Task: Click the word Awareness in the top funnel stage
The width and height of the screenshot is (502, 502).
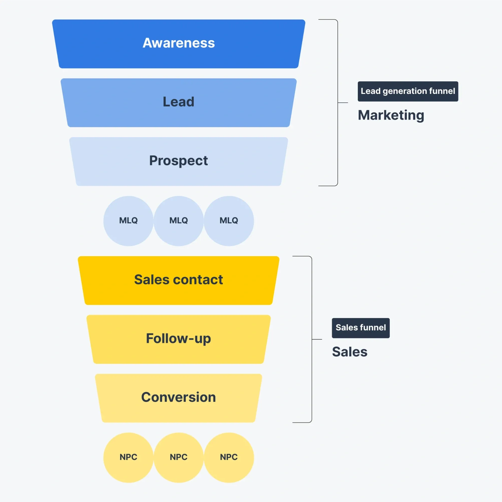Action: pos(179,43)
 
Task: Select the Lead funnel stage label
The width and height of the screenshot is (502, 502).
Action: pos(179,102)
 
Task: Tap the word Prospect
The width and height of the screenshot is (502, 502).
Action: pos(179,160)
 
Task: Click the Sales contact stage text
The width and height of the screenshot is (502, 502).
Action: pos(179,280)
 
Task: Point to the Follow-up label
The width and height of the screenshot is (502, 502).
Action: pos(179,339)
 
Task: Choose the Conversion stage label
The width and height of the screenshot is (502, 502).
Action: pos(179,397)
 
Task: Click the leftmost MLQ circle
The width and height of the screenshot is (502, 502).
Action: pos(128,221)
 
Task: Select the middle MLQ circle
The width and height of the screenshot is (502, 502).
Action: pos(179,221)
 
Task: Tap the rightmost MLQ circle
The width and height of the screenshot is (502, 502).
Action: pos(229,221)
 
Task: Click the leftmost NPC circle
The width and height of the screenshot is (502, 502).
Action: pos(128,457)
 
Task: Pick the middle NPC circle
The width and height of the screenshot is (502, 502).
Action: pos(179,457)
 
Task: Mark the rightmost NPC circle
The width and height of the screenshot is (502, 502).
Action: pos(229,457)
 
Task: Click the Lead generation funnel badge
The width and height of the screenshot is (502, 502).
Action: pos(408,91)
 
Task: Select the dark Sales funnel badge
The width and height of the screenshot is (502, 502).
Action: pos(361,328)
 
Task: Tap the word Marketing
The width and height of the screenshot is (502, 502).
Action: pos(391,115)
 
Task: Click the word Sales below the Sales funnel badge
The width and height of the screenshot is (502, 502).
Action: pos(350,352)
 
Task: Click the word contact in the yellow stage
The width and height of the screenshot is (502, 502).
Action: pos(198,280)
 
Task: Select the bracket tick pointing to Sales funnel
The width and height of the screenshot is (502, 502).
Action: pos(317,339)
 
